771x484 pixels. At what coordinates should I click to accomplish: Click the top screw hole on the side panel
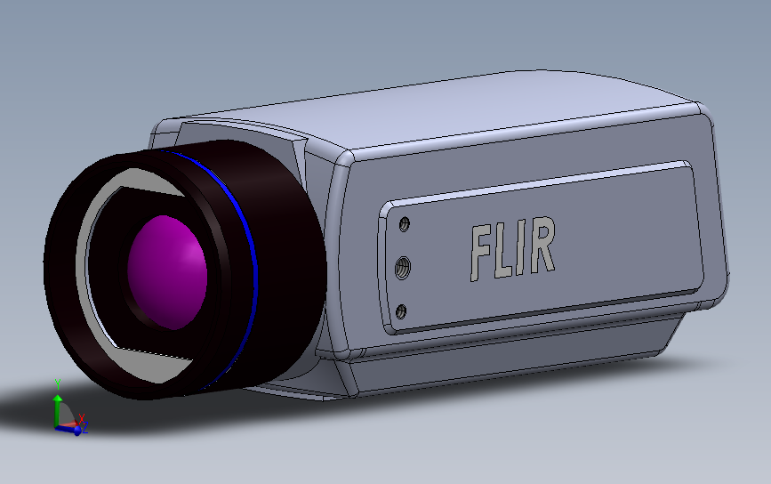(406, 224)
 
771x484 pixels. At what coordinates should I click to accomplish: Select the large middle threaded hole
(403, 266)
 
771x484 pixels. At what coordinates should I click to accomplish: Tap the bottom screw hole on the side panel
(401, 311)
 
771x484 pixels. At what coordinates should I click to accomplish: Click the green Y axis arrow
(58, 406)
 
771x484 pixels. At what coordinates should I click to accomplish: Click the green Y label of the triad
(58, 383)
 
